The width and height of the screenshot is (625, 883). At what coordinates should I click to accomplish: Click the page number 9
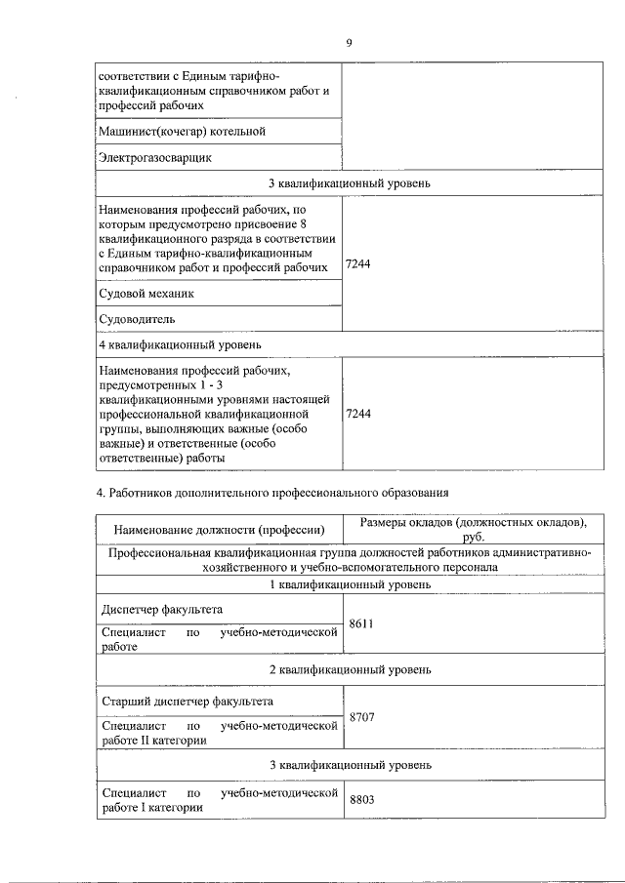(348, 42)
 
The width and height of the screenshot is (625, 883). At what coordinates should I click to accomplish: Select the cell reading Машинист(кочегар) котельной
(182, 131)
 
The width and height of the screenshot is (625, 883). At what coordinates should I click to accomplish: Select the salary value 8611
(362, 622)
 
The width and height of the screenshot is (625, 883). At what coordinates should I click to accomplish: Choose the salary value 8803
(362, 799)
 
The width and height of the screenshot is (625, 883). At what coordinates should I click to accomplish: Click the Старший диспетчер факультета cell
(187, 701)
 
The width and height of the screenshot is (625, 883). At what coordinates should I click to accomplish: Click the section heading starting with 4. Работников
(272, 492)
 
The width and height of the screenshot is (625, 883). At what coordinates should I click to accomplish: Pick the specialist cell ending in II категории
(219, 733)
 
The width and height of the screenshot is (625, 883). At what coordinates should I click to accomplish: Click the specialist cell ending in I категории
(219, 800)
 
